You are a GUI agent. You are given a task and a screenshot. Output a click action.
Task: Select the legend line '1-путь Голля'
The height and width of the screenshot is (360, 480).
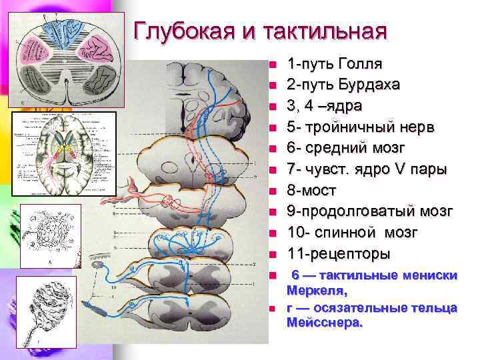(x=334, y=64)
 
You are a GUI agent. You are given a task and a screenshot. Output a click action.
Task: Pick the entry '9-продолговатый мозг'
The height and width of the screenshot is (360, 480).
(x=370, y=211)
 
